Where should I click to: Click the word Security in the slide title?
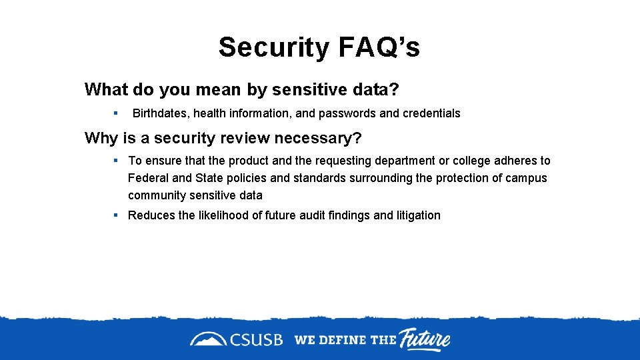[274, 47]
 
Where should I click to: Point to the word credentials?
[431, 113]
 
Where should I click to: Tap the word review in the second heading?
[242, 138]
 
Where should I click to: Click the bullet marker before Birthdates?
[115, 113]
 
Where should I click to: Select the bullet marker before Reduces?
[115, 215]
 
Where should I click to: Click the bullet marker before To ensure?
[115, 160]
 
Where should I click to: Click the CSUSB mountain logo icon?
[208, 339]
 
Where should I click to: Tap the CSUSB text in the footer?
[257, 340]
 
